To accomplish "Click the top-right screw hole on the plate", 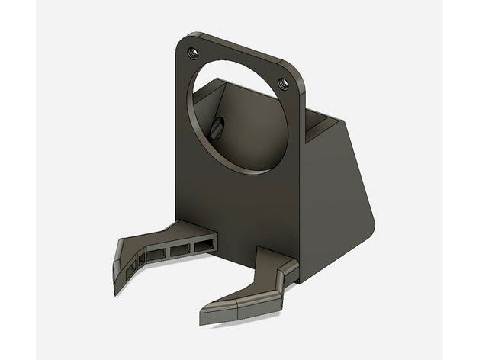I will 285,81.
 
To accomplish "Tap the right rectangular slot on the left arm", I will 204,244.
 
